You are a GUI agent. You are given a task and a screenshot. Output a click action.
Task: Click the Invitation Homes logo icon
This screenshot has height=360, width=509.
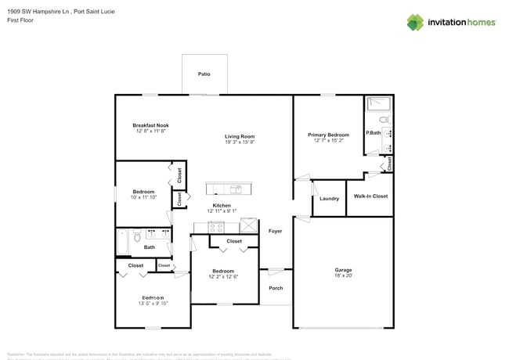[415, 23]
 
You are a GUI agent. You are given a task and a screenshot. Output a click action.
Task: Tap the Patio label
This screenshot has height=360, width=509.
[204, 74]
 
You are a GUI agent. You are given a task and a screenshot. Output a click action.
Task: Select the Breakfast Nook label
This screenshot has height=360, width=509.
[150, 125]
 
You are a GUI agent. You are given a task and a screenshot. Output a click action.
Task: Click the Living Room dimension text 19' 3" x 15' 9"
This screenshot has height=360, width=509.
[240, 142]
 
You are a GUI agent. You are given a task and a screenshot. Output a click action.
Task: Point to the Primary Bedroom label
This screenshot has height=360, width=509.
[328, 135]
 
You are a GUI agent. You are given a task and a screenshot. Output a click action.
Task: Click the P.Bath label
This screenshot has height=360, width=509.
[373, 133]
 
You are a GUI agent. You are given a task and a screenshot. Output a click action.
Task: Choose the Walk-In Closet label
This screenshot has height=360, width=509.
[370, 196]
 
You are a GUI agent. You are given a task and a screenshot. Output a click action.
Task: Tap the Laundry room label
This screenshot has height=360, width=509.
[330, 199]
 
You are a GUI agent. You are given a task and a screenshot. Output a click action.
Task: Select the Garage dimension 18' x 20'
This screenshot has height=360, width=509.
[343, 276]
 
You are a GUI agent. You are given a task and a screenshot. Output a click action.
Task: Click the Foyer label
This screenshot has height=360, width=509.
[275, 232]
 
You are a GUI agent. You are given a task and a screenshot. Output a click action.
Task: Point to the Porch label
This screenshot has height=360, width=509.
[275, 288]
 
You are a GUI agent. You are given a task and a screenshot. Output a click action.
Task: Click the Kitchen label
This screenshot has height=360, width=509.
[222, 206]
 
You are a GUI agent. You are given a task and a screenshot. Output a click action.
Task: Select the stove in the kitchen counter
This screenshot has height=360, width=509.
[216, 227]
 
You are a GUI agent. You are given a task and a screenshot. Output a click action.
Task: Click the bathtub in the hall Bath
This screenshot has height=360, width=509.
[123, 243]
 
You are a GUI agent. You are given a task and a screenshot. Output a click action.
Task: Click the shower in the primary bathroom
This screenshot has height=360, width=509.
[379, 103]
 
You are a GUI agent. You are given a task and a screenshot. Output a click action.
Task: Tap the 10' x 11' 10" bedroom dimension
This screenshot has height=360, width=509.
[143, 198]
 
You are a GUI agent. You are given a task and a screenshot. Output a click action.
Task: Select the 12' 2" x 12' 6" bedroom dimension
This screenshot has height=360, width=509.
[223, 277]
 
